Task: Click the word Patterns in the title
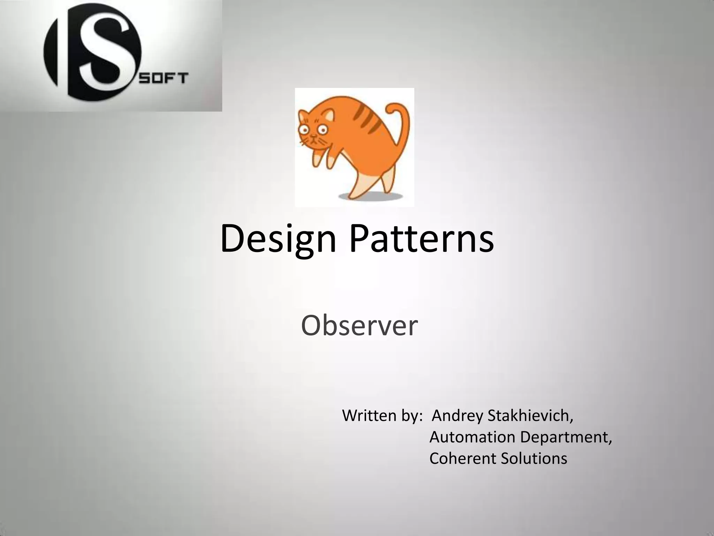(x=421, y=239)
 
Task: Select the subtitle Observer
(x=359, y=326)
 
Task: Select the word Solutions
(x=534, y=458)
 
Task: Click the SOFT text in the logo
(x=164, y=78)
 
